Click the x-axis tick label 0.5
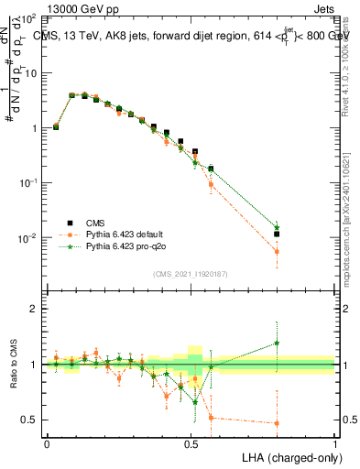click(191, 442)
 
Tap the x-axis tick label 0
click(47, 442)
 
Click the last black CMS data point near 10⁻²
click(277, 234)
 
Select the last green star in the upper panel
click(277, 226)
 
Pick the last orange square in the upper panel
click(277, 251)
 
